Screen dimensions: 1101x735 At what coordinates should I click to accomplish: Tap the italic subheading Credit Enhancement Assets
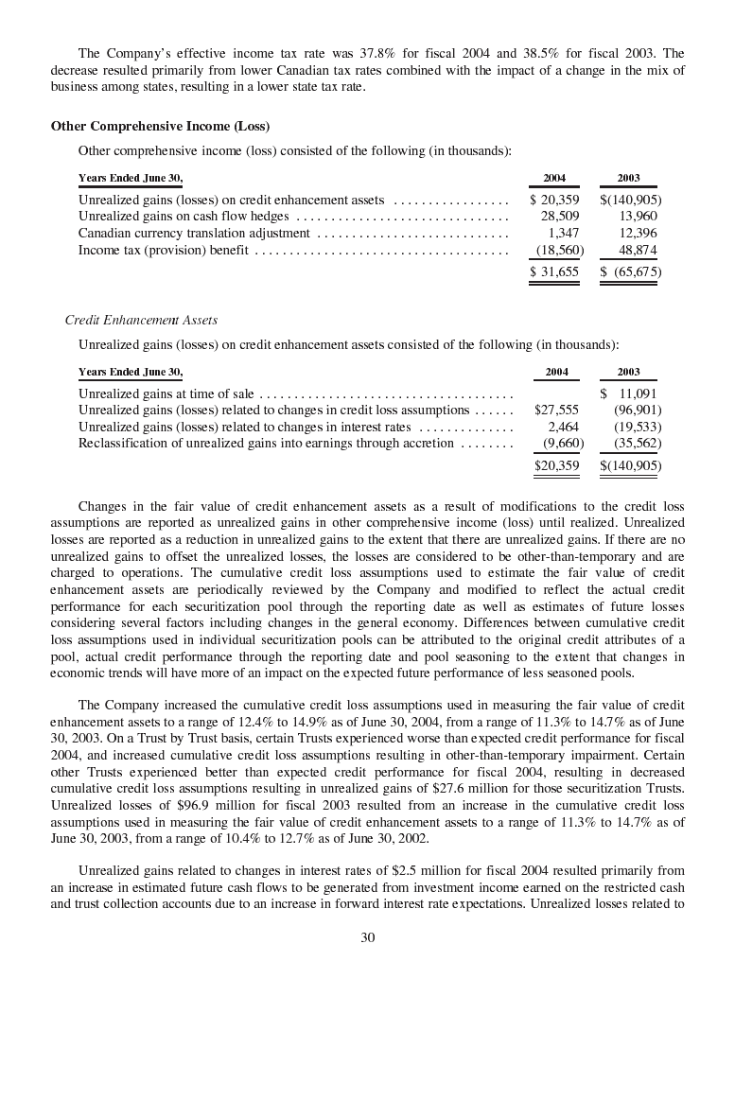(x=141, y=320)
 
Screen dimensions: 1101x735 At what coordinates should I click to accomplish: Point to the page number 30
(x=368, y=937)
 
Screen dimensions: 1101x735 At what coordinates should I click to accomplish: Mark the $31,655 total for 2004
(x=554, y=272)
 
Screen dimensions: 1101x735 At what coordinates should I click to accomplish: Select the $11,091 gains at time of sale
(x=630, y=393)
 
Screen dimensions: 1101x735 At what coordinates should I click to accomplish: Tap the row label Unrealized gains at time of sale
(x=166, y=393)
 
